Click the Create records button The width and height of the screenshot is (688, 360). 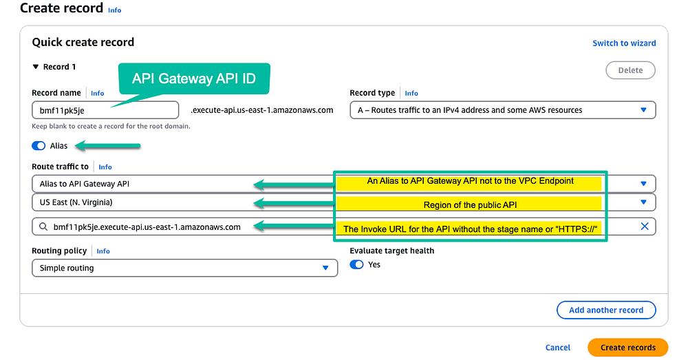(x=628, y=348)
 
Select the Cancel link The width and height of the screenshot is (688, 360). (x=558, y=348)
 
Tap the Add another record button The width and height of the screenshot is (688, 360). (x=606, y=310)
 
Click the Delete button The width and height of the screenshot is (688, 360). (x=630, y=70)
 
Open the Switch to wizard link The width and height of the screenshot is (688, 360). (x=624, y=43)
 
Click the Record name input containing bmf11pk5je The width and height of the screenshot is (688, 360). (x=105, y=110)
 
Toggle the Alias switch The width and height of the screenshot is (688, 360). (x=39, y=146)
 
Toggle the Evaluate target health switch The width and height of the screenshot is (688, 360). (x=356, y=265)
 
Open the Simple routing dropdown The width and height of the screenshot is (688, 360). (x=184, y=268)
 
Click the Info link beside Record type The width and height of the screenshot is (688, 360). (x=411, y=93)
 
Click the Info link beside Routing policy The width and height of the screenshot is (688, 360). (x=103, y=251)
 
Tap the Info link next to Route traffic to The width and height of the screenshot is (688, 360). (x=105, y=167)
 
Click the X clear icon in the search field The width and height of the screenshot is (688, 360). (x=644, y=226)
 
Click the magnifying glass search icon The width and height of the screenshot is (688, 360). (x=43, y=227)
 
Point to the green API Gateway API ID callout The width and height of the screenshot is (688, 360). (x=194, y=78)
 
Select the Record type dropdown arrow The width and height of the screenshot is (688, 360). (x=643, y=110)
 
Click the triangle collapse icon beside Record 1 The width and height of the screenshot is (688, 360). (x=36, y=67)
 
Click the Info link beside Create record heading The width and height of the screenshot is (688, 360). (x=114, y=10)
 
